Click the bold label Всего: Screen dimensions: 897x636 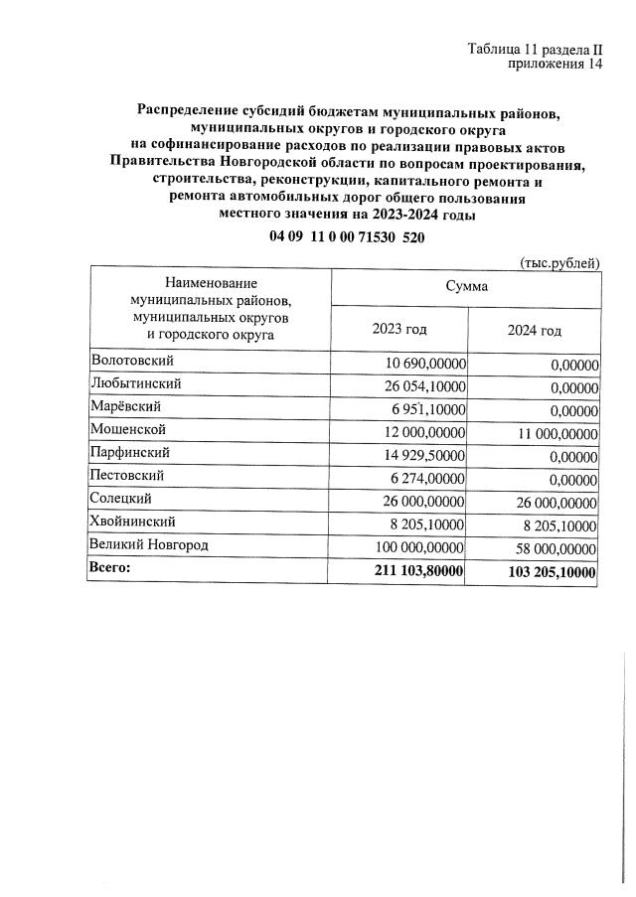pyautogui.click(x=110, y=568)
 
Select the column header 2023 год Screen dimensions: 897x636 pyautogui.click(x=399, y=330)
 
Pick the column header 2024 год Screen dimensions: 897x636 pyautogui.click(x=534, y=331)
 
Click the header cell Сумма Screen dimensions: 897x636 pyautogui.click(x=466, y=285)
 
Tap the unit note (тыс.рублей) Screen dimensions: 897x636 pyautogui.click(x=559, y=262)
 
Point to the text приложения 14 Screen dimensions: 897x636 pyautogui.click(x=556, y=65)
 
